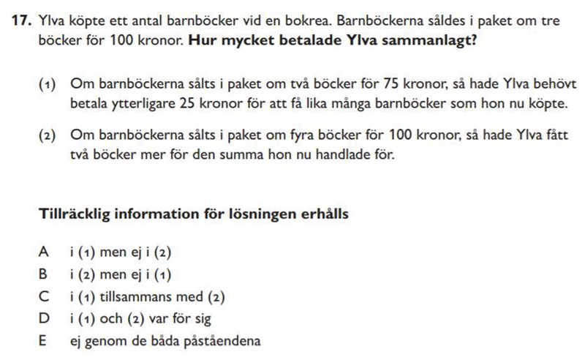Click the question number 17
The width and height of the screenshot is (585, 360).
[20, 20]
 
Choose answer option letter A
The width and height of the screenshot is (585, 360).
[44, 252]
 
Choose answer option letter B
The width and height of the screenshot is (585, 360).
[44, 274]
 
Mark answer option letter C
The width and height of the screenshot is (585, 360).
[44, 296]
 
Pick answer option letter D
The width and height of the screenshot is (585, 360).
[44, 318]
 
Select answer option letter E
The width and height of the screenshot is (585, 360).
[44, 341]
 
